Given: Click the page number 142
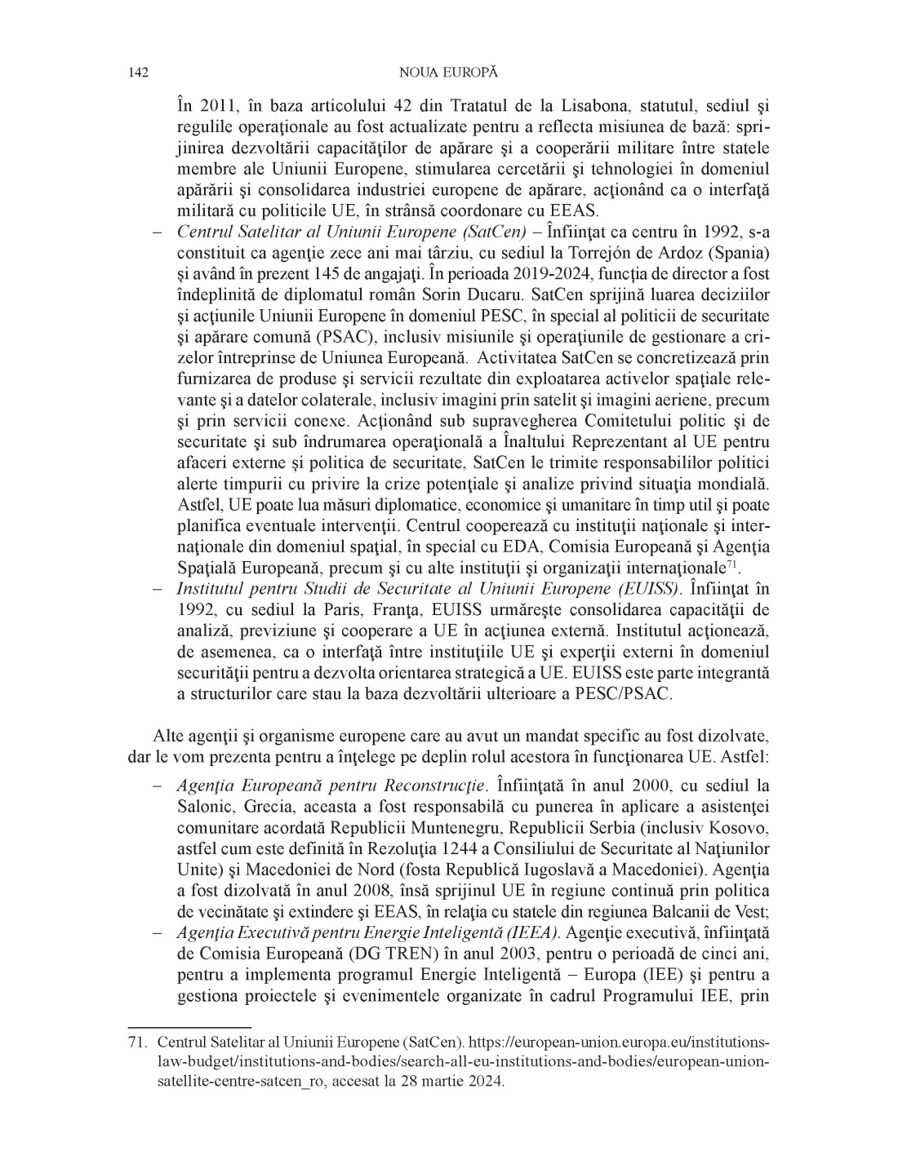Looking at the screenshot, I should point(138,73).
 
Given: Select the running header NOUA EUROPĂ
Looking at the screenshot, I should point(448,73).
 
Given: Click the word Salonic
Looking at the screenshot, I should point(205,807).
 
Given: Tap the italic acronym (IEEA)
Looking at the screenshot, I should point(531,933).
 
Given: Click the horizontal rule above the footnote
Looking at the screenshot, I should point(190,1026).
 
